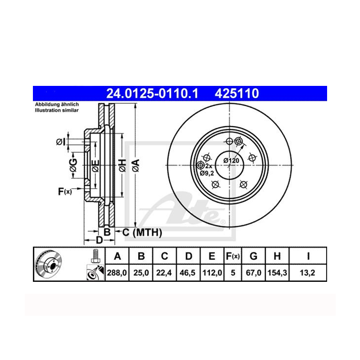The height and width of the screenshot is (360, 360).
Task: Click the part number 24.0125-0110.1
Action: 152,94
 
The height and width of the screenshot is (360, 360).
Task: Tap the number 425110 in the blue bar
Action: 237,94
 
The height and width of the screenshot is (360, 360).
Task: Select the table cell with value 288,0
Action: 117,273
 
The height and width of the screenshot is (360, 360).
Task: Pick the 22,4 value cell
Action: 164,273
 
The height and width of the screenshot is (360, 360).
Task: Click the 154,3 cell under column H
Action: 277,273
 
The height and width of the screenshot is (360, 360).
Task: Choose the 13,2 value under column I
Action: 308,273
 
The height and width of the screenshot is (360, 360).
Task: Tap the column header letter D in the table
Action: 189,256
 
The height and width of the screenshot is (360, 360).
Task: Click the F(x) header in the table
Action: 232,256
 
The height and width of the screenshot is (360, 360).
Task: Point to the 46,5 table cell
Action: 188,273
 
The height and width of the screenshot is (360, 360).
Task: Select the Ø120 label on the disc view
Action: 231,160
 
